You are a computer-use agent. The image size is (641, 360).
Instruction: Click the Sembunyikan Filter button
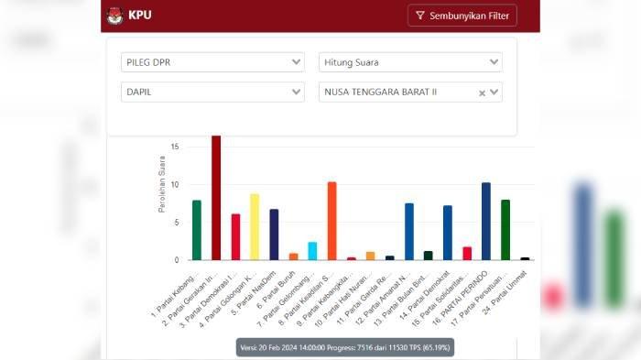click(462, 16)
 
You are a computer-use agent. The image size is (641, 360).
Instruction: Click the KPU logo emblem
click(115, 16)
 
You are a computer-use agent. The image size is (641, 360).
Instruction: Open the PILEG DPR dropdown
click(212, 62)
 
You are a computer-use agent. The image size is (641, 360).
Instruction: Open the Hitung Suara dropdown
click(410, 62)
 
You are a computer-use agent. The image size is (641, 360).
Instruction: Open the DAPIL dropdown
click(212, 92)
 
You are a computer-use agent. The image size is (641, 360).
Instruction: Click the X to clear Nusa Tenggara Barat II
click(483, 93)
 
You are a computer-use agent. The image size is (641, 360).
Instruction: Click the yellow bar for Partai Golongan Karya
click(255, 226)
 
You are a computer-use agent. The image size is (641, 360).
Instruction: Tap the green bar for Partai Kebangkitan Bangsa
click(197, 230)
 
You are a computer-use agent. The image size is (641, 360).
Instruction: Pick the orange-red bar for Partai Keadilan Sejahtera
click(331, 221)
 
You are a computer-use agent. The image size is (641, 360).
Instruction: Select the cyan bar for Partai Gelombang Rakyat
click(312, 251)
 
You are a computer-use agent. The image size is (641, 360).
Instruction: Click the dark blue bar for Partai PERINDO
click(486, 221)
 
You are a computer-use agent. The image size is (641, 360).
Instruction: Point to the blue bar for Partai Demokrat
click(448, 233)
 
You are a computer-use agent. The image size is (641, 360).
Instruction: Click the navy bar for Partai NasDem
click(274, 235)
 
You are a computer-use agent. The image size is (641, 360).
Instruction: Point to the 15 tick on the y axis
click(174, 147)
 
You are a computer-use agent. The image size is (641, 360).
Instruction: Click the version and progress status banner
click(346, 348)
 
